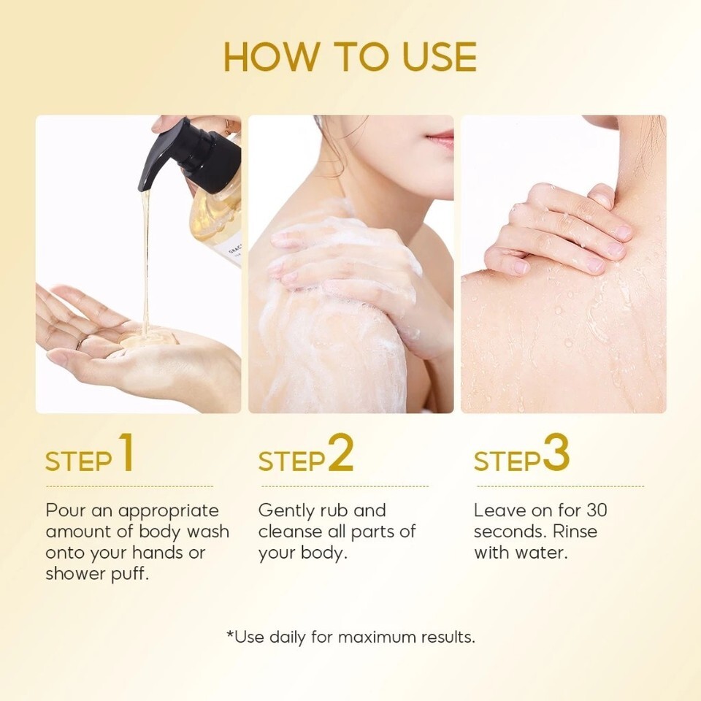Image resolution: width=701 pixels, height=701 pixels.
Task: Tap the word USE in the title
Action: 440,57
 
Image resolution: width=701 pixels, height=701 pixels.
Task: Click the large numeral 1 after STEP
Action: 126,453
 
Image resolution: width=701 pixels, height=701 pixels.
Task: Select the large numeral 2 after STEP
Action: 341,453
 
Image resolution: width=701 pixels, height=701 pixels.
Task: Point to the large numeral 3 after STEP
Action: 556,453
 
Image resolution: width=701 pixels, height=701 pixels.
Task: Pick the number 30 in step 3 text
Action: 597,510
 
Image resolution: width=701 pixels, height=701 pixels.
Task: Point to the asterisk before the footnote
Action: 231,634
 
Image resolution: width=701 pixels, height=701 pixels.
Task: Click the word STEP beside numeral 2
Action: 291,461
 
